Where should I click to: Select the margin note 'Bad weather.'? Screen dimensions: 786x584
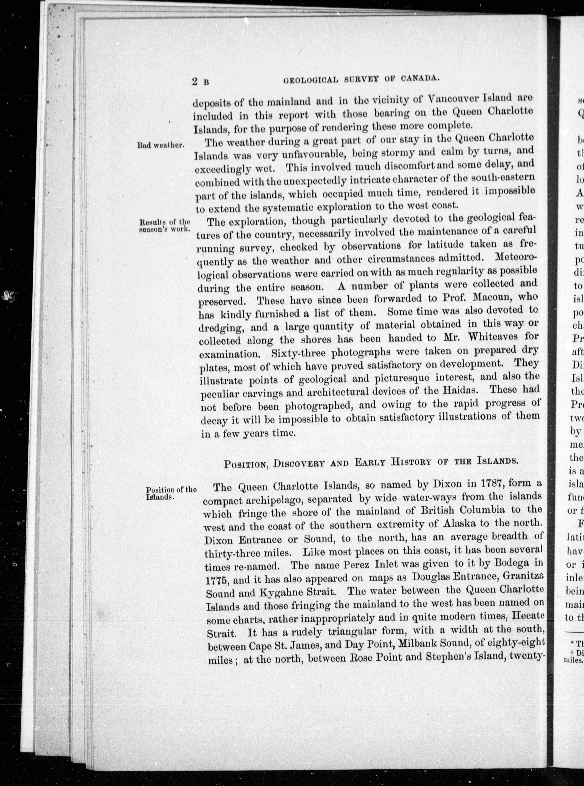(161, 145)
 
